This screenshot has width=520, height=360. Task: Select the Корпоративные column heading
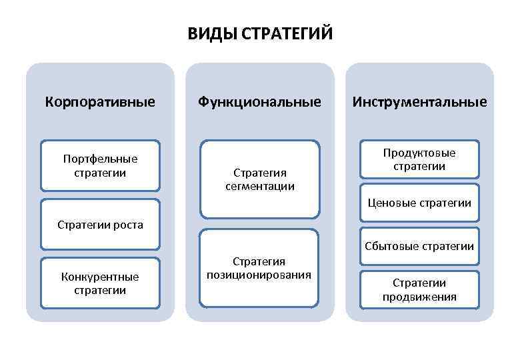(x=100, y=102)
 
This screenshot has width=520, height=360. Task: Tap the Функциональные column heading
(x=259, y=102)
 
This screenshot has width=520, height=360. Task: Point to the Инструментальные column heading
(x=420, y=102)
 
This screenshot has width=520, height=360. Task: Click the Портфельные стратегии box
(x=100, y=165)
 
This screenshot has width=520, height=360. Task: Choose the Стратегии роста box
(x=100, y=225)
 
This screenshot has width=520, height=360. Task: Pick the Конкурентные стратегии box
(x=100, y=283)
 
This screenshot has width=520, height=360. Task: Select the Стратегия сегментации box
(x=259, y=179)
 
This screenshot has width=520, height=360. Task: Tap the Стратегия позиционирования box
(x=259, y=268)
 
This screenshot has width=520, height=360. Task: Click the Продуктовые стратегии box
(x=419, y=160)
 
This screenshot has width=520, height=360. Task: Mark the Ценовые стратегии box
(x=419, y=203)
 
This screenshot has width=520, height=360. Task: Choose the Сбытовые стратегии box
(x=419, y=247)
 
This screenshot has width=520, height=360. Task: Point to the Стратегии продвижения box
(x=419, y=289)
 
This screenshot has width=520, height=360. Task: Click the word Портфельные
(x=100, y=159)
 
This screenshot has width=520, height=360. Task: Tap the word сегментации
(x=259, y=187)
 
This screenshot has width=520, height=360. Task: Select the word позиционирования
(x=259, y=275)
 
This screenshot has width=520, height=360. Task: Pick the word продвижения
(x=419, y=297)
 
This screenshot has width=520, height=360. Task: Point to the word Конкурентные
(x=100, y=277)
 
